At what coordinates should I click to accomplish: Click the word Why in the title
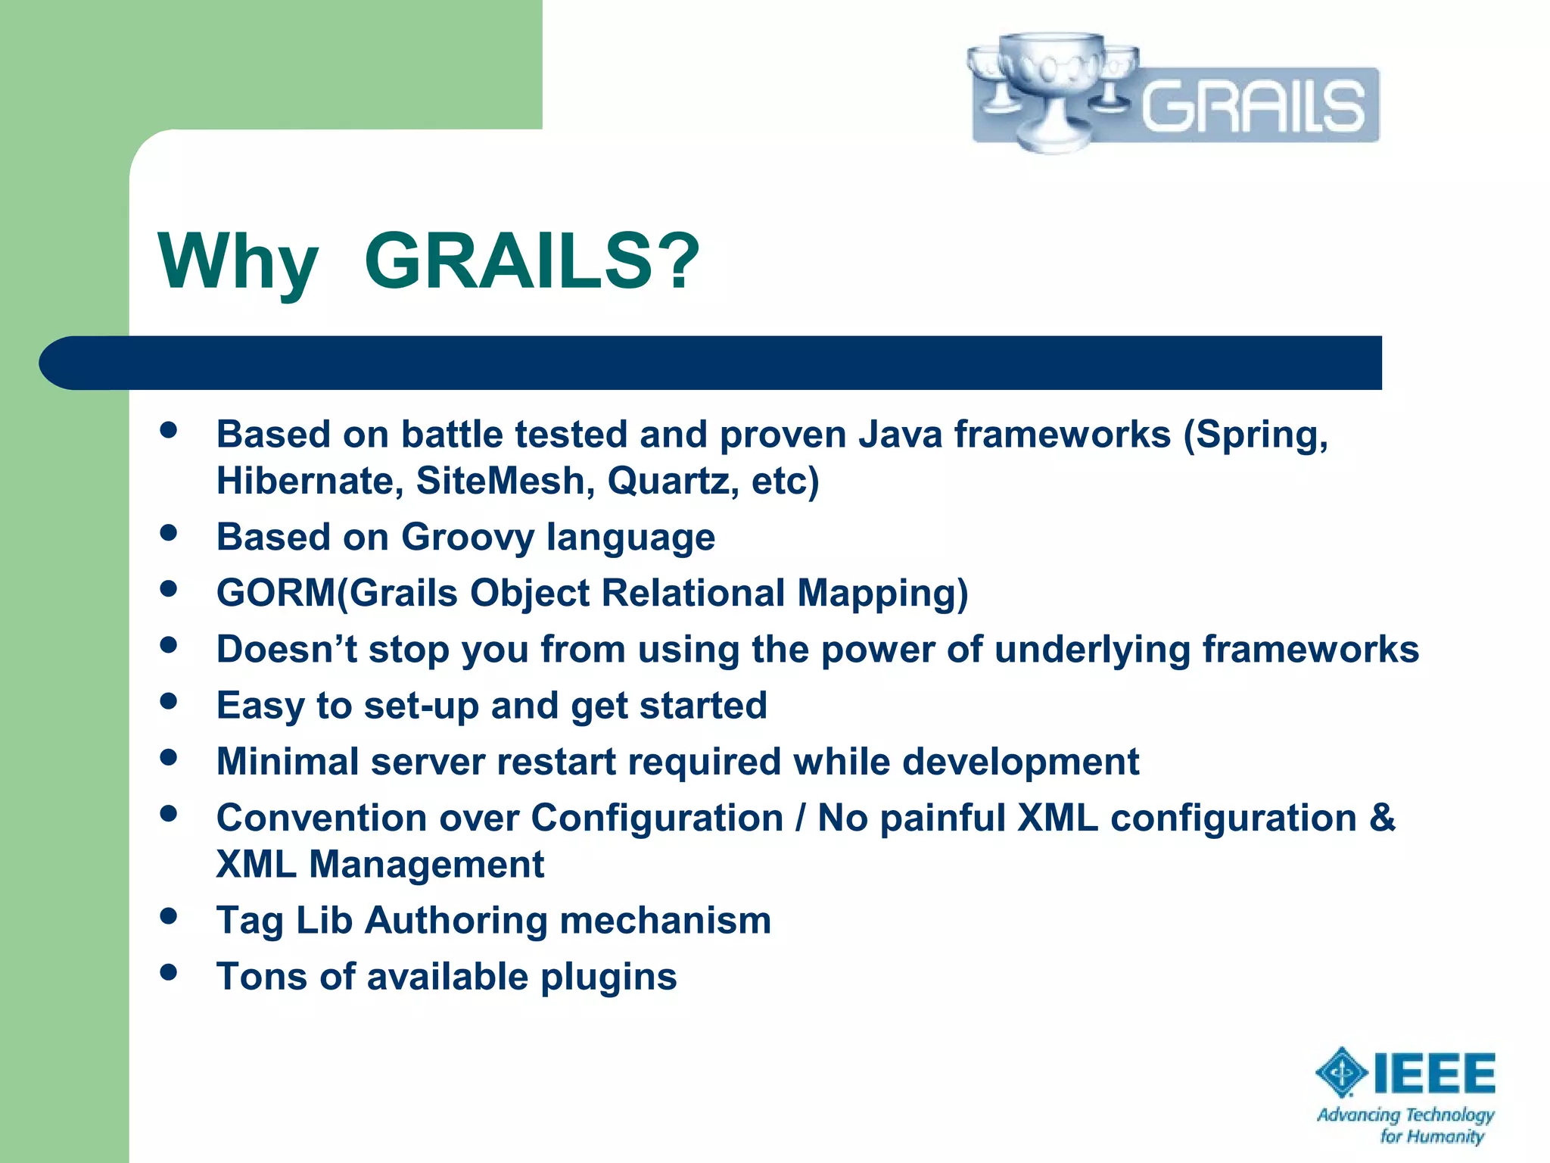(238, 262)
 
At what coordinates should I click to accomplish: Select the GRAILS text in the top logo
(1253, 106)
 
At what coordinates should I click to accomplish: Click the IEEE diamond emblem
(1341, 1071)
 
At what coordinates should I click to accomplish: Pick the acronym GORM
(275, 593)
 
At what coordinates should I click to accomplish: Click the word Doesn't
(287, 650)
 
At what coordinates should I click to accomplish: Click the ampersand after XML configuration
(1382, 818)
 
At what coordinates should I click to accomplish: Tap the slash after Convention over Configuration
(800, 818)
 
